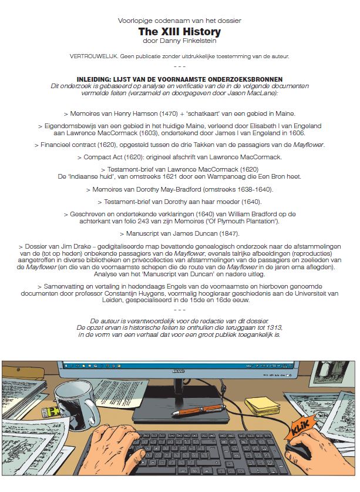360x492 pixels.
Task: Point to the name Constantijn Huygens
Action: pyautogui.click(x=198, y=293)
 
